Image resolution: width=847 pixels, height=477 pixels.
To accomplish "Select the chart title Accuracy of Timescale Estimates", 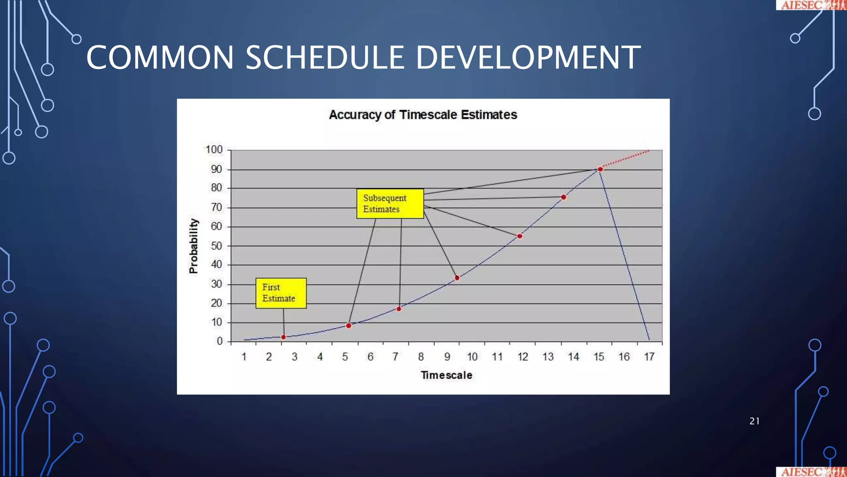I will pos(423,115).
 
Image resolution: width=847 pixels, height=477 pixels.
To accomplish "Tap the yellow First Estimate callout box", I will pos(281,293).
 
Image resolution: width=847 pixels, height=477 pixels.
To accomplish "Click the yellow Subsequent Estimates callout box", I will pos(390,203).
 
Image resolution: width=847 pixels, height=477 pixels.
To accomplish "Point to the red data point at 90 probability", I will pos(600,169).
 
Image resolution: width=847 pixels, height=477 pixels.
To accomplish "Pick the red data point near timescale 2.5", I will pos(283,337).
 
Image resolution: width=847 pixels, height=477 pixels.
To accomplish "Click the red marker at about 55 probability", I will pos(519,236).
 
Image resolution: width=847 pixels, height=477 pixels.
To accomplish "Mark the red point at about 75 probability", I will pos(563,197).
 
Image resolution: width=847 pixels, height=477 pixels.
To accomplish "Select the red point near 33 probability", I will pos(457,278).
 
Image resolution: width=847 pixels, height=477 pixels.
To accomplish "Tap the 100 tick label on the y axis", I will pos(214,149).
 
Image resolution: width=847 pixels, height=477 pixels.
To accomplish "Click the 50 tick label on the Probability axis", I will pos(216,246).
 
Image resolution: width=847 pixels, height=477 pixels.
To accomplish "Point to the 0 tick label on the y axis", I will pos(220,341).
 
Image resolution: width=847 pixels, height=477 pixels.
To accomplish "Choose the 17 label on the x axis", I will pos(649,357).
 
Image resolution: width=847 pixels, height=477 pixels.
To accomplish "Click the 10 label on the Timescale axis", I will pos(472,357).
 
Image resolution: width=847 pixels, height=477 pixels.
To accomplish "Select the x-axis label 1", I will pos(244,357).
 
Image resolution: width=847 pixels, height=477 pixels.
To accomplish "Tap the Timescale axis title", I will pos(446,375).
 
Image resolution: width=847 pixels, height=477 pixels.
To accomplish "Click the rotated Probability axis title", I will pos(193,246).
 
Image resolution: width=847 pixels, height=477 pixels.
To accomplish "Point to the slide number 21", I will pos(754,421).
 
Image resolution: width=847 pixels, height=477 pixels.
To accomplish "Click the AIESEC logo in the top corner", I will pos(810,5).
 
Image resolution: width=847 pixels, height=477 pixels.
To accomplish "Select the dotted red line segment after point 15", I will pos(626,159).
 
